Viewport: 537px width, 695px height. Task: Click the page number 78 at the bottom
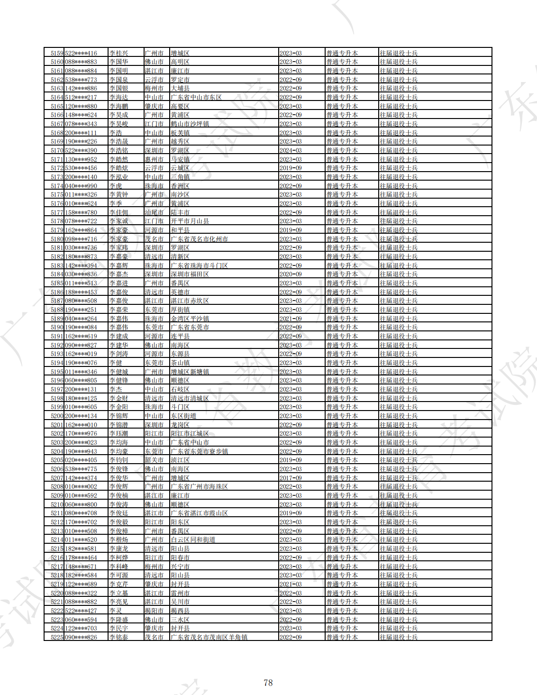coord(268,683)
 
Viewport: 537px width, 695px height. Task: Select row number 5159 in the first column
coord(57,53)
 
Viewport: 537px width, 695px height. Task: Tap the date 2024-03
coord(291,150)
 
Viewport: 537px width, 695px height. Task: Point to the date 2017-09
coord(291,478)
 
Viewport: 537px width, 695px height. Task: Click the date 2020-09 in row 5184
coord(291,274)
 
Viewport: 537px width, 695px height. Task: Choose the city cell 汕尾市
coord(154,212)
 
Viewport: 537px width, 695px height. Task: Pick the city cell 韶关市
coord(154,460)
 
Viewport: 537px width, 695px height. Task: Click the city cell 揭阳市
coord(154,611)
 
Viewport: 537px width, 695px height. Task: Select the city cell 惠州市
coord(154,159)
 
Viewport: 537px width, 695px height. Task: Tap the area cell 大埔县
coord(180,88)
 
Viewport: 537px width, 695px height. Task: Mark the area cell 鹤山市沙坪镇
coord(190,124)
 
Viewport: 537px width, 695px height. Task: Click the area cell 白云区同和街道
coord(193,540)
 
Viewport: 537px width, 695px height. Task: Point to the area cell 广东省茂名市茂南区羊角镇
coord(209,637)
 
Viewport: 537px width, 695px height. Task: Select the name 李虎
coord(116,186)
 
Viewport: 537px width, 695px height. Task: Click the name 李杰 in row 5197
coord(116,389)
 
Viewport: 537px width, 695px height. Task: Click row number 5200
coord(57,416)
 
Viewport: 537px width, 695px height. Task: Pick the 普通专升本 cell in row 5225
coord(342,637)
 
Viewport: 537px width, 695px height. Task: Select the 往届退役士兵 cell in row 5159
coord(398,53)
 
